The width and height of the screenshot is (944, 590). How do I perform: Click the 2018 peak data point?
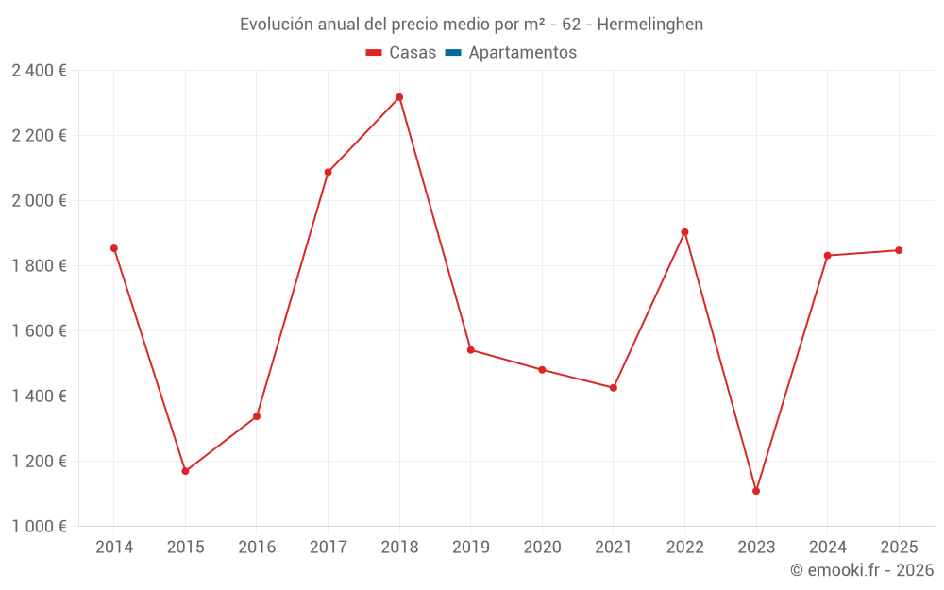point(399,97)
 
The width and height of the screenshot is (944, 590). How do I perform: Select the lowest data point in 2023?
point(756,491)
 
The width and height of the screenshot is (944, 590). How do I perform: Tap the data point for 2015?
point(185,471)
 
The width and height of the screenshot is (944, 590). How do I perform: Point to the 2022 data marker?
point(684,232)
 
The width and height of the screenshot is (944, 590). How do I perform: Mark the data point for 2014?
point(114,248)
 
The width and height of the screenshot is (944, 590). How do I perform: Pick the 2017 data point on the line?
point(328,172)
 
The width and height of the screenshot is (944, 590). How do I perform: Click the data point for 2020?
point(542,370)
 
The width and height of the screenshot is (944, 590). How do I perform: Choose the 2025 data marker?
point(899,250)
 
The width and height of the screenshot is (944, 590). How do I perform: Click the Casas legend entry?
point(401,53)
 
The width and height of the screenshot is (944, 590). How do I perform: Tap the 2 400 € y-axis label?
point(39,71)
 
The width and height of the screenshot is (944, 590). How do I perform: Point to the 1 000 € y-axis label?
point(39,527)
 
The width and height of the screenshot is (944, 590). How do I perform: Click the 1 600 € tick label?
point(39,331)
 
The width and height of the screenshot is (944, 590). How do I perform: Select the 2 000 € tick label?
point(39,201)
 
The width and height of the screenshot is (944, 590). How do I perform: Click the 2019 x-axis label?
point(471,548)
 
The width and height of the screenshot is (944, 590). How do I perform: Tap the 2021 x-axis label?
point(614,548)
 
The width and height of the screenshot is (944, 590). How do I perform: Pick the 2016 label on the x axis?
point(257,548)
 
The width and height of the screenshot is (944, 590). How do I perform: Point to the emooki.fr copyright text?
point(861,570)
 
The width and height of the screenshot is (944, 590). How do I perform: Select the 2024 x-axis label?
point(828,548)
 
